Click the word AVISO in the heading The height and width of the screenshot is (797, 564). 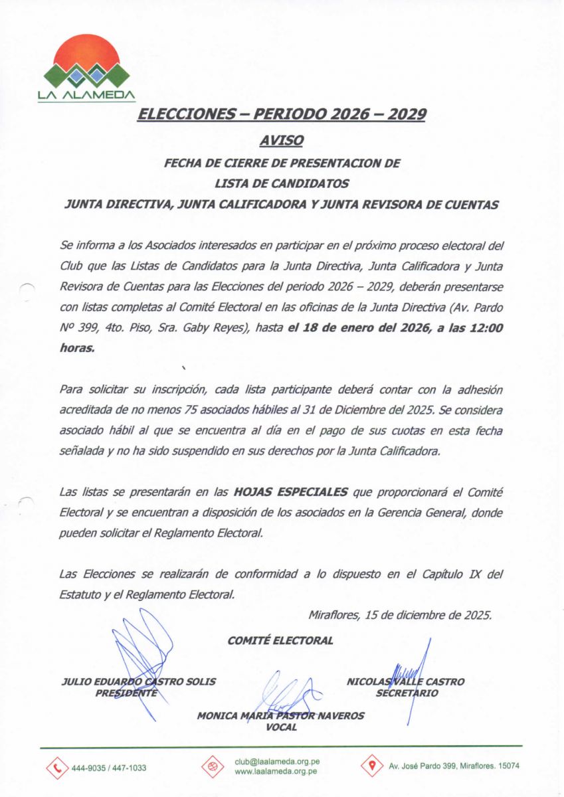(x=282, y=140)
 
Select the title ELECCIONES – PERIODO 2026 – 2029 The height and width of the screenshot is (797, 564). (x=281, y=114)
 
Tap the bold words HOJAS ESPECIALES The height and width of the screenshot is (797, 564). (x=290, y=492)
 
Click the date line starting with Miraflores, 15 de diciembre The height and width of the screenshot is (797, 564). (x=400, y=615)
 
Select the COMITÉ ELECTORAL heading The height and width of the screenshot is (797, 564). (x=280, y=641)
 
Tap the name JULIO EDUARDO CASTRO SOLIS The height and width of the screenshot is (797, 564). (x=138, y=681)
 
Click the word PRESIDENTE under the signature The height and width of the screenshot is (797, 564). (x=127, y=693)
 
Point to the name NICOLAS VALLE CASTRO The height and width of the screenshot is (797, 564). (x=405, y=681)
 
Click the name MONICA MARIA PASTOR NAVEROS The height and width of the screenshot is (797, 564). (x=280, y=716)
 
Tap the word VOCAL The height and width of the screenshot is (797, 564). (x=280, y=727)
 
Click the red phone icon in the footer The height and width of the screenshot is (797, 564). (x=57, y=767)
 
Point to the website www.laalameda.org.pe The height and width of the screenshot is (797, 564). (x=275, y=772)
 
